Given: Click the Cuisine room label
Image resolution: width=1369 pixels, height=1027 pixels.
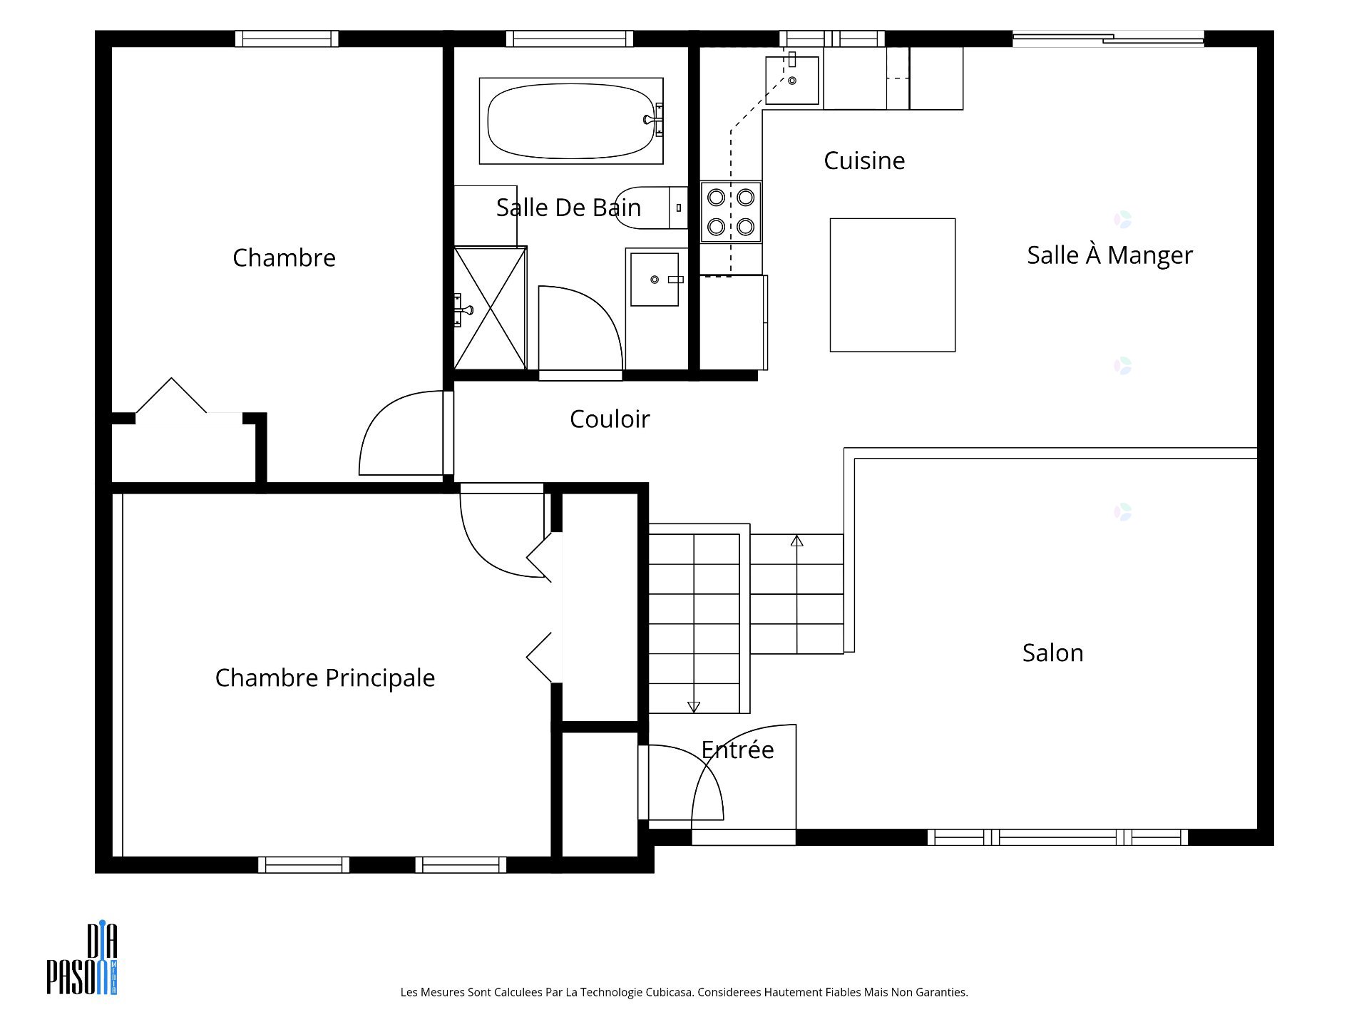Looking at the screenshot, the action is coord(864,160).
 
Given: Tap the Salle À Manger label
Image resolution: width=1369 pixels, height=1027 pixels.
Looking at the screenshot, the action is coord(1109,255).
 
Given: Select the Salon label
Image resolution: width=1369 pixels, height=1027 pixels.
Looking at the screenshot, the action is coord(1052,653).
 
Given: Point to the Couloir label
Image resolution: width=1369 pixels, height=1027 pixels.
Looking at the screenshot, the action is coord(610,419).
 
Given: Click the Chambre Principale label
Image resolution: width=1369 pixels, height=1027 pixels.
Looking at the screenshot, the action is coord(325,678).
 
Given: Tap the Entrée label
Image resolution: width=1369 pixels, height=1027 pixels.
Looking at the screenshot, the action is coord(737,750).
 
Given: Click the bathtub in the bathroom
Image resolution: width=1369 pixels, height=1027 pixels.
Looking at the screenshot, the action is coord(571,121).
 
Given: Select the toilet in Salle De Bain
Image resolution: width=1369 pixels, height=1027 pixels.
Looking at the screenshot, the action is coord(651,208).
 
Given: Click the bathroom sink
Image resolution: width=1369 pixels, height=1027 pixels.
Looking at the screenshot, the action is coord(655,279).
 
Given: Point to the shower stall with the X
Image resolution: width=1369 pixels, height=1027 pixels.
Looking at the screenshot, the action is coord(490,308).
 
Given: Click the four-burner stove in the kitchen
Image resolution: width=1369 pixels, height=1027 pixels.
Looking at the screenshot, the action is coord(731,212).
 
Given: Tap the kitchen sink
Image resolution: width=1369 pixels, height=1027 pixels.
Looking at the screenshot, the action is coord(792,81).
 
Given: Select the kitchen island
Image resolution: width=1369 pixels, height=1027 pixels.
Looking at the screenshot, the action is coord(893,285).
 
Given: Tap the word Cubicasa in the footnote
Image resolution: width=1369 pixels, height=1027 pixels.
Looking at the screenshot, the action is coord(670,992).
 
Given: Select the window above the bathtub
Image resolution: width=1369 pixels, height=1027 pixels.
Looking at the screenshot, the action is coord(570,39).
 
